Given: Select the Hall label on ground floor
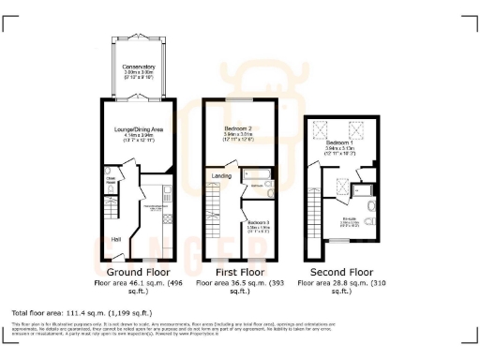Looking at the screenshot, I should [115, 239].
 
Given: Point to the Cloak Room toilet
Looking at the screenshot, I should [110, 191].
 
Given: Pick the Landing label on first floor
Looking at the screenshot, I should [222, 175].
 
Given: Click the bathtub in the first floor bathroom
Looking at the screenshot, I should [257, 174].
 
